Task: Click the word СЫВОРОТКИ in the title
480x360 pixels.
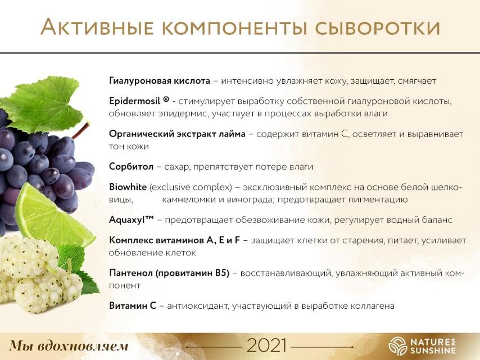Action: tap(378, 28)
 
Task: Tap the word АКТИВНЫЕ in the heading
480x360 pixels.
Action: tap(97, 27)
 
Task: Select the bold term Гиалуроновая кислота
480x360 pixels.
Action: tap(160, 81)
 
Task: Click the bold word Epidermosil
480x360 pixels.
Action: tap(135, 101)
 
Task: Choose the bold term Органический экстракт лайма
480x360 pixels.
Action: tap(177, 134)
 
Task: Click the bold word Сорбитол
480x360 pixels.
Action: tap(132, 167)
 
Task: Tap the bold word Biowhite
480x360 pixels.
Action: tap(128, 187)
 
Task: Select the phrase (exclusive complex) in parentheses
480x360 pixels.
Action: tap(191, 187)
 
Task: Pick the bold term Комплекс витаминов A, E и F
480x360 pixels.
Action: tap(174, 240)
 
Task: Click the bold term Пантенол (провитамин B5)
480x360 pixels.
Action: tap(169, 273)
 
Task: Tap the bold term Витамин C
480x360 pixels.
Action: tap(133, 306)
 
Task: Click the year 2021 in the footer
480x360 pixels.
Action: tap(266, 345)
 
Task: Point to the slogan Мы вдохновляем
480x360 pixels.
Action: tap(69, 346)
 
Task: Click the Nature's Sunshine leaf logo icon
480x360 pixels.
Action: tap(397, 346)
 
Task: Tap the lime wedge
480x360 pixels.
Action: tap(53, 213)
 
